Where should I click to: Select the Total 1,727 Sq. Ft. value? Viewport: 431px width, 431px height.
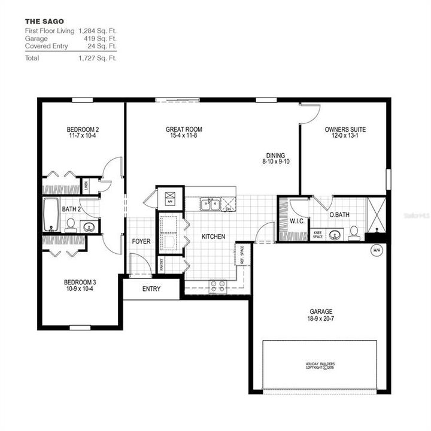pos(97,58)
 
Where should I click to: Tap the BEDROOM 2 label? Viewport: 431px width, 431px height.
pos(83,130)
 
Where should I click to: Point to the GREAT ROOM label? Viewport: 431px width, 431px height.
pos(184,129)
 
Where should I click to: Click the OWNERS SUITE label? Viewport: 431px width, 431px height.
pos(345,129)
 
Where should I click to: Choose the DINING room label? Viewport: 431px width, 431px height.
pos(276,155)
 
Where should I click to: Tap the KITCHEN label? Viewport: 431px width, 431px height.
pos(213,236)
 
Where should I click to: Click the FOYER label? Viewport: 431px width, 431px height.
pos(141,241)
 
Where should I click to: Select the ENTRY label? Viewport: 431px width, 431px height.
pos(151,289)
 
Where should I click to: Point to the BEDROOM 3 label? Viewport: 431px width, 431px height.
pos(80,282)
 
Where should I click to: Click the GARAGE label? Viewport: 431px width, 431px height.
pos(321,311)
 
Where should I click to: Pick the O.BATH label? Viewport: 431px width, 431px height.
pos(339,214)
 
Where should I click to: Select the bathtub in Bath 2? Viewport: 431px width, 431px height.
pos(50,215)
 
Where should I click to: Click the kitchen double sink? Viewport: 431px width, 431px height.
pos(211,205)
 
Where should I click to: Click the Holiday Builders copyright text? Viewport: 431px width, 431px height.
pos(320,366)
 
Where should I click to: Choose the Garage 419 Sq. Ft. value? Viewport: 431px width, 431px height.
pos(97,37)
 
